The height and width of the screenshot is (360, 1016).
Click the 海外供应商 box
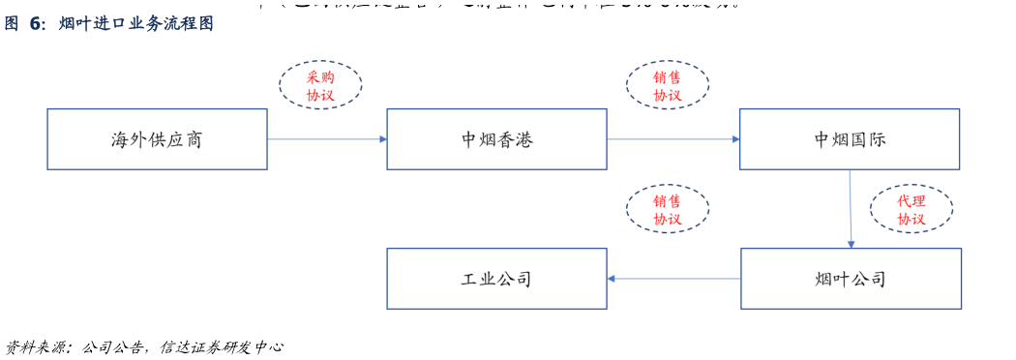pos(157,139)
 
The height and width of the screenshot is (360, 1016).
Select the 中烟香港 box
pos(496,139)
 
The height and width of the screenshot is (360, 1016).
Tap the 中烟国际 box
pos(850,139)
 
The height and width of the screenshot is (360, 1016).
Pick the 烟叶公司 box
pos(851,279)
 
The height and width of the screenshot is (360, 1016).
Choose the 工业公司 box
pos(496,279)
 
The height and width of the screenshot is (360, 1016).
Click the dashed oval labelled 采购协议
pos(320,85)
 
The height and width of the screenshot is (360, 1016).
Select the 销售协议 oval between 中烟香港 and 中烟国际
pos(667,85)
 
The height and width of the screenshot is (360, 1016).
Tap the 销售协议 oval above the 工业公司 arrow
pos(667,209)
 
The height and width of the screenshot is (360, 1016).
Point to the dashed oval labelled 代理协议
pos(911,209)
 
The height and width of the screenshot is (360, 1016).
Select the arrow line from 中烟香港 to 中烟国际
pos(672,139)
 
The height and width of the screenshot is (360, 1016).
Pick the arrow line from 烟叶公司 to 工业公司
pos(675,279)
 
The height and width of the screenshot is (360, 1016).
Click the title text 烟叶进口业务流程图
pos(135,24)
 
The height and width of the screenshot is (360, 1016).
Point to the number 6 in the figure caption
pos(36,24)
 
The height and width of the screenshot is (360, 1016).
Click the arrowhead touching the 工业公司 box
pos(613,279)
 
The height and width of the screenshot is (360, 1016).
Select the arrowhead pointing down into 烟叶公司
pos(851,244)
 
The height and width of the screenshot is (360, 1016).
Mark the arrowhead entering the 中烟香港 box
pos(382,139)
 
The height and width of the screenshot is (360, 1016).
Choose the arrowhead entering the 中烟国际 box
pos(735,139)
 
